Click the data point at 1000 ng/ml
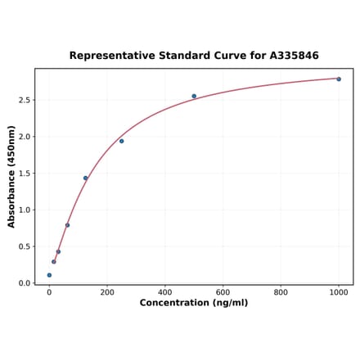tap(339, 79)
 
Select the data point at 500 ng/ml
tap(194, 96)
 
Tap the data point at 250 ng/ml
tap(122, 141)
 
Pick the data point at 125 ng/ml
tap(85, 178)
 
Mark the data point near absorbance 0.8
tap(67, 225)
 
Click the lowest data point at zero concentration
tap(49, 275)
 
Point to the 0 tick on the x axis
tap(49, 292)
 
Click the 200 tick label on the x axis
tap(107, 292)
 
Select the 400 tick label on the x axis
tap(165, 292)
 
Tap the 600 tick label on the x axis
tap(223, 292)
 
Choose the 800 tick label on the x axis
tap(281, 292)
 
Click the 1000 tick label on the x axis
tap(339, 292)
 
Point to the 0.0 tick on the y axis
tap(24, 283)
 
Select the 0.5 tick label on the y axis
tap(24, 246)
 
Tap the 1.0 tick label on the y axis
tap(24, 210)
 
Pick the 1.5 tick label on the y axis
tap(24, 174)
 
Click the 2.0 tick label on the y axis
tap(24, 137)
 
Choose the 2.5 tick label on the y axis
tap(24, 100)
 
